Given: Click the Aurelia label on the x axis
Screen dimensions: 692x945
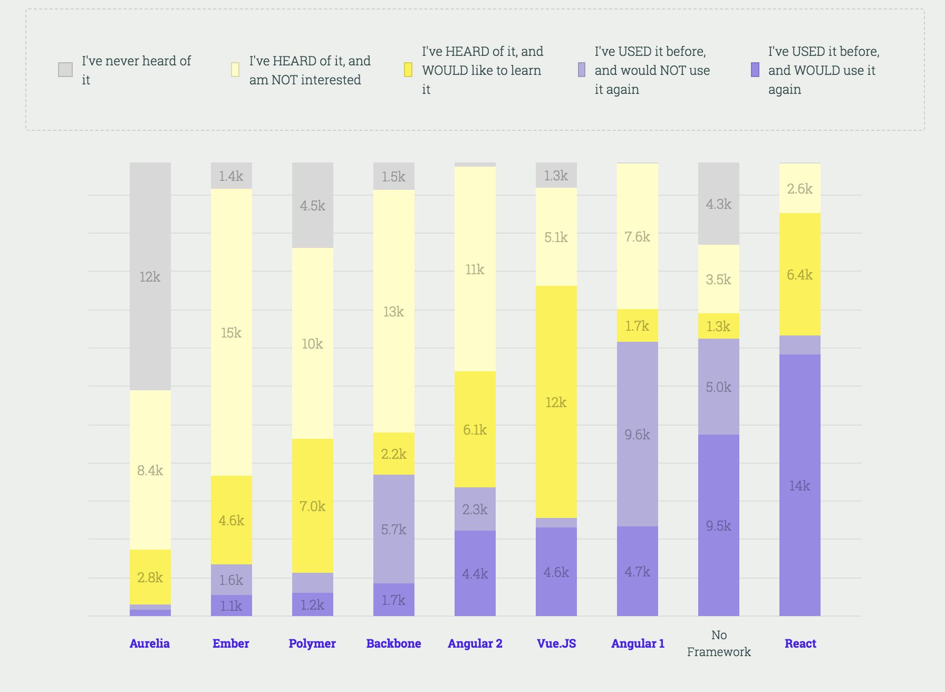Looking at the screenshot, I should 150,643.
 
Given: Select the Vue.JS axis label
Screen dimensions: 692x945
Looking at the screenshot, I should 556,643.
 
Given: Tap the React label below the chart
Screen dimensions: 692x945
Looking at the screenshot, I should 800,643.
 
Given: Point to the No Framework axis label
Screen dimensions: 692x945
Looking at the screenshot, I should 719,643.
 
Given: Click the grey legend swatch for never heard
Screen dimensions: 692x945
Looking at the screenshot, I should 65,70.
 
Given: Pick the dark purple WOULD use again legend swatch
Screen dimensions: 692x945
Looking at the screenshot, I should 755,70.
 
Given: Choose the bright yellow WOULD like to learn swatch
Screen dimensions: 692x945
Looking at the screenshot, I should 408,70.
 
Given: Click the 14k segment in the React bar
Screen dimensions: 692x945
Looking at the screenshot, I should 800,485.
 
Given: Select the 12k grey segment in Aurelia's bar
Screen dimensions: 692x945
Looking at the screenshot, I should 150,276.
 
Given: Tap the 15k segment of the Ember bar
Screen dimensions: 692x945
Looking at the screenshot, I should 232,332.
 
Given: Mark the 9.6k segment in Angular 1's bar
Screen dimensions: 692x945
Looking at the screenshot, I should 638,434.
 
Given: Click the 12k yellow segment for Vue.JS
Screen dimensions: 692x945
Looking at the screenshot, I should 556,402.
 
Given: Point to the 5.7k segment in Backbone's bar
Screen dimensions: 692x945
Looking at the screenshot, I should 394,529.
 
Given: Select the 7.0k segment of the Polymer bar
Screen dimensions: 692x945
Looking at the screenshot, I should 313,506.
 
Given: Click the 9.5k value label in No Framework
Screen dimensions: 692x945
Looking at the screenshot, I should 719,526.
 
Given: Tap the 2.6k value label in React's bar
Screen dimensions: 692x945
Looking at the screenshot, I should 800,189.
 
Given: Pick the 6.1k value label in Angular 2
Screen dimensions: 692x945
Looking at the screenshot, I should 475,430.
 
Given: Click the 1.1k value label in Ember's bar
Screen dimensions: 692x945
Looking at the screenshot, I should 232,606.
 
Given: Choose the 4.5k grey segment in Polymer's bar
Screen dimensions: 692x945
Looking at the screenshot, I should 313,205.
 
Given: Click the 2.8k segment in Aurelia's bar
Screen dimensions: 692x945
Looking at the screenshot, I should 150,577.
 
